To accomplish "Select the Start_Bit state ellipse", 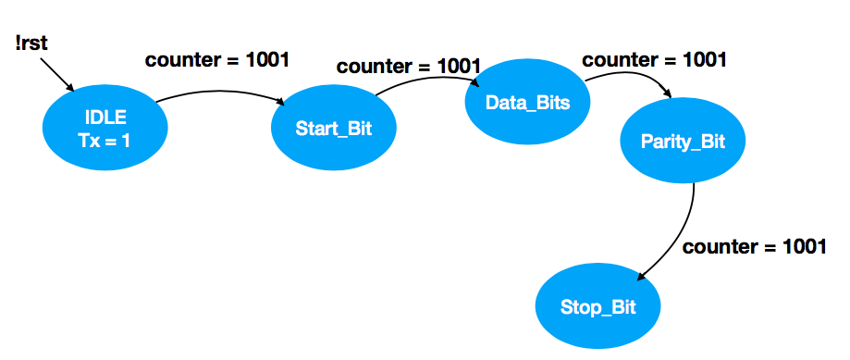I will (x=333, y=128).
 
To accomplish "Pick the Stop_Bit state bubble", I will (x=598, y=306).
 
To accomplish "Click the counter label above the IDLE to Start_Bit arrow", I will (x=217, y=61).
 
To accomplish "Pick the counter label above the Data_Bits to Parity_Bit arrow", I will (x=654, y=59).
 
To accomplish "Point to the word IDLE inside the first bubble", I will (x=105, y=118).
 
